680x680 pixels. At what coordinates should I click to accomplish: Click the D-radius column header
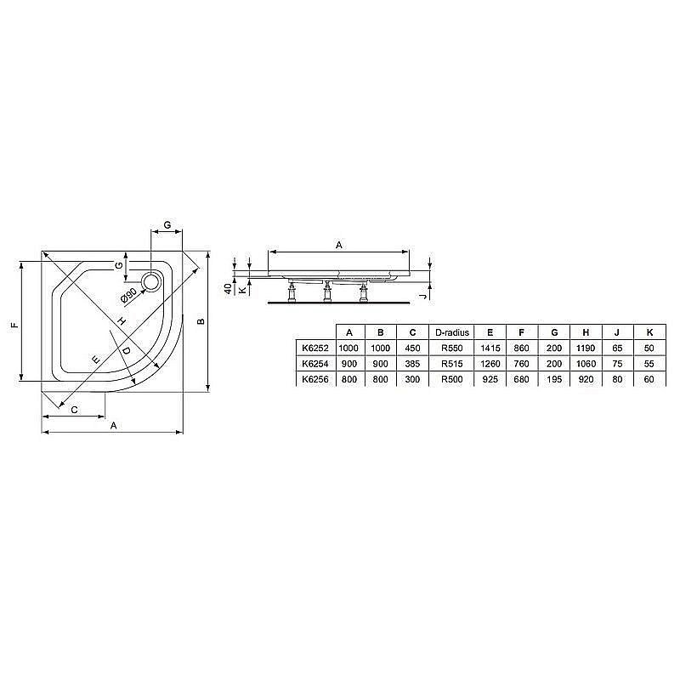coord(451,332)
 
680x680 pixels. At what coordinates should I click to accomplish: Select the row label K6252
coord(311,348)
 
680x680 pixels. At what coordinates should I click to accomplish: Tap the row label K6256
coord(311,379)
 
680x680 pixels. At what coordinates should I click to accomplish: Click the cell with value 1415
coord(491,348)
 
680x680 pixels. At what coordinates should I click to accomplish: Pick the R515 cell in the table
coord(451,364)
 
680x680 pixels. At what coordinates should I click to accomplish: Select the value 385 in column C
coord(412,364)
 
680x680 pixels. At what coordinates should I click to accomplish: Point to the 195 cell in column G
coord(553,379)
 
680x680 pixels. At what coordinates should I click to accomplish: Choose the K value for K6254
coord(650,364)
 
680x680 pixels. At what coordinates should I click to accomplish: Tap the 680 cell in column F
coord(522,379)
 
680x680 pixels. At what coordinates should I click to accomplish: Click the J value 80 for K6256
coord(618,379)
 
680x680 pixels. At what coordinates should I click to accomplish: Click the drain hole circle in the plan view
coord(153,281)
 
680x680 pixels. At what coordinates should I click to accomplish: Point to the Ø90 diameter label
coord(128,295)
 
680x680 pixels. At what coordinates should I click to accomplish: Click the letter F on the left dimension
coord(12,324)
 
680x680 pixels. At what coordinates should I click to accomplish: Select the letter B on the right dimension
coord(201,321)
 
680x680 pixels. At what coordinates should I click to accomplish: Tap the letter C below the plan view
coord(75,411)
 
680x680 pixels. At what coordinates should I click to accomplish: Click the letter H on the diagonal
coord(122,320)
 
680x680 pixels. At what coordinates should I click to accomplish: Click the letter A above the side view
coord(338,245)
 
